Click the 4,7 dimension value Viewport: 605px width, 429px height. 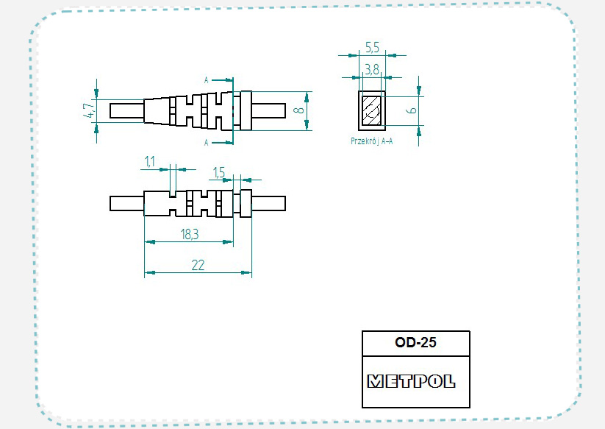89,110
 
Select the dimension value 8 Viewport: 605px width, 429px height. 298,110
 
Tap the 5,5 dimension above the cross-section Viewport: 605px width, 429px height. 372,48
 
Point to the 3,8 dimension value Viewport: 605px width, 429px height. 372,69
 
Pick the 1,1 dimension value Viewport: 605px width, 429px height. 150,161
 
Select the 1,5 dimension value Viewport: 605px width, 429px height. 219,172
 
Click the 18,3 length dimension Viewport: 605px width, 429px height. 190,234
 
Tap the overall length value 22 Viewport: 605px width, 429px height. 198,265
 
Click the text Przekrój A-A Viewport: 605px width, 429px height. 371,141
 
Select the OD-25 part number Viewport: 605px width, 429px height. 415,342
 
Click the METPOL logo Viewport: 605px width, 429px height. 412,381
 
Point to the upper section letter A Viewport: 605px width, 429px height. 206,80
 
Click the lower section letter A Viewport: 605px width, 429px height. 206,143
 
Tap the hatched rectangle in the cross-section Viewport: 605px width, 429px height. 371,110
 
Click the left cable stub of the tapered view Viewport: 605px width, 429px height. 127,110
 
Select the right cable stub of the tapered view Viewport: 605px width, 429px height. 268,110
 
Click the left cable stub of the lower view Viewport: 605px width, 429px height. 127,204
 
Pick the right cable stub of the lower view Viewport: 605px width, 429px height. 268,204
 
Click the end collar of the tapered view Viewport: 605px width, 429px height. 246,110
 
